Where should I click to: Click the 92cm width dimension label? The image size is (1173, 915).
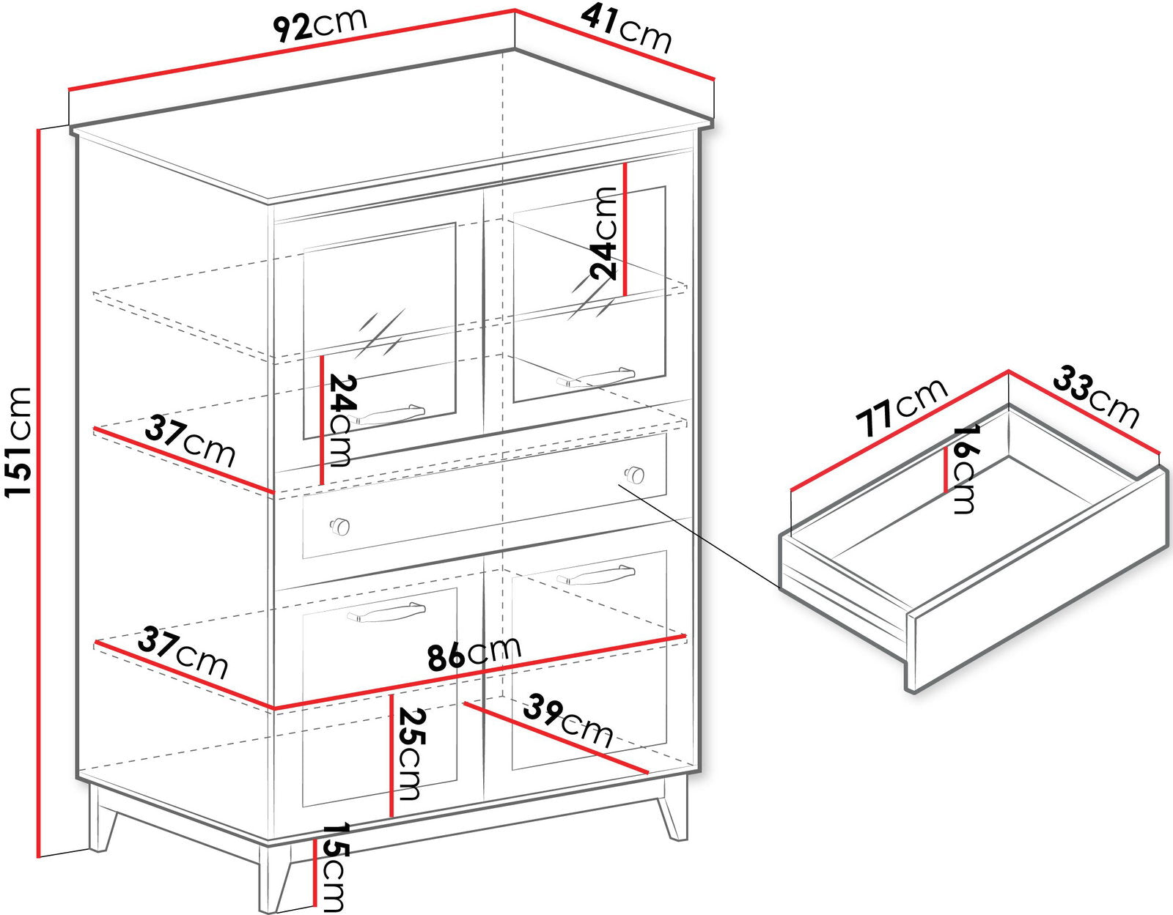[x=320, y=26]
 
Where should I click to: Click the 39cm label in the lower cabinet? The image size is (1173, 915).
[x=568, y=721]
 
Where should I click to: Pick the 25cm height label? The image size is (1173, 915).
[x=411, y=754]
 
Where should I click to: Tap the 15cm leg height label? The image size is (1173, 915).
[x=333, y=867]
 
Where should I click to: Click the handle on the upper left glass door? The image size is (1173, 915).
[x=387, y=415]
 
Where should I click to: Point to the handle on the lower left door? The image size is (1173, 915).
[x=386, y=612]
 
